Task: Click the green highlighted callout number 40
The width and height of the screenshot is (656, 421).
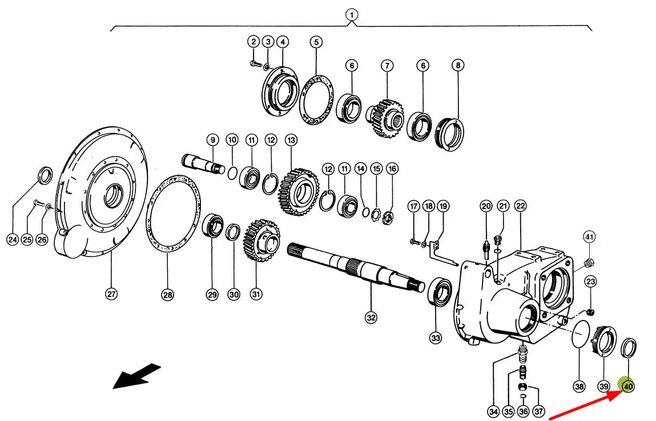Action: point(628,387)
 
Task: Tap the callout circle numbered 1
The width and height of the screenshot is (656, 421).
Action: point(352,14)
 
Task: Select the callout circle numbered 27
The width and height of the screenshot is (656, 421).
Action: point(111,295)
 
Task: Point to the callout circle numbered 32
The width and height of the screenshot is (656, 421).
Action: point(371,318)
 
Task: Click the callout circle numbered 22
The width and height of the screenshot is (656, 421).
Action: point(520,206)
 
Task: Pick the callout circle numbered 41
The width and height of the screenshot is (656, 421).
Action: point(589,236)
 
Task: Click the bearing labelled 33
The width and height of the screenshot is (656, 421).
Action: point(440,291)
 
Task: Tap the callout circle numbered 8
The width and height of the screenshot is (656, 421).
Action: point(457,65)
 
